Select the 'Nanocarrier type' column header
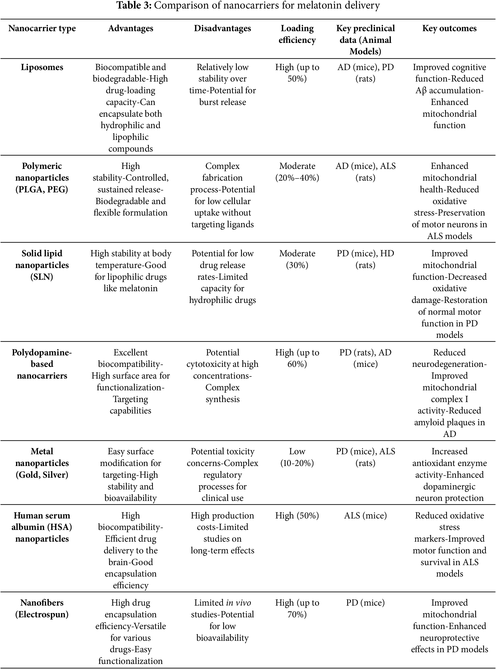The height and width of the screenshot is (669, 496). (42, 29)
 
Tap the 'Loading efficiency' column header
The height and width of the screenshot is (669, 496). (297, 34)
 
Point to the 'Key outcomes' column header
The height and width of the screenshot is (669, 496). (449, 29)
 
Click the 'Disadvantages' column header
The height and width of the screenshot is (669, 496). (222, 29)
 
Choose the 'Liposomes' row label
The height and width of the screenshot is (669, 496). (42, 67)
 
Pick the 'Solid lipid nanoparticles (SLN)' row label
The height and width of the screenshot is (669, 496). (42, 265)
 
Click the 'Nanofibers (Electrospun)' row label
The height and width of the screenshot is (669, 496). (42, 608)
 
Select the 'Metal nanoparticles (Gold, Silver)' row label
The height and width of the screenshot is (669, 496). (42, 463)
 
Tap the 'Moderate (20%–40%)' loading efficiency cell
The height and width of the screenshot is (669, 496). (297, 172)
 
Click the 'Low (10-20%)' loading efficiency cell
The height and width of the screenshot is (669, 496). (297, 457)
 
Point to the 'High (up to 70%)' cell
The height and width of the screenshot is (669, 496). (297, 608)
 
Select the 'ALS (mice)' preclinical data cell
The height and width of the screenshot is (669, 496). (365, 516)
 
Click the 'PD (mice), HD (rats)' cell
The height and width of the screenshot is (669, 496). (365, 259)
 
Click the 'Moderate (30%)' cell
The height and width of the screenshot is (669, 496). (297, 259)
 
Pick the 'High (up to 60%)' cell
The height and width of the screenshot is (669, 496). (297, 358)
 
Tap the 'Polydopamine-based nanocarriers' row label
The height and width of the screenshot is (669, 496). (42, 364)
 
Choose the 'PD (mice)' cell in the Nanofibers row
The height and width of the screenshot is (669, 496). (365, 603)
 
